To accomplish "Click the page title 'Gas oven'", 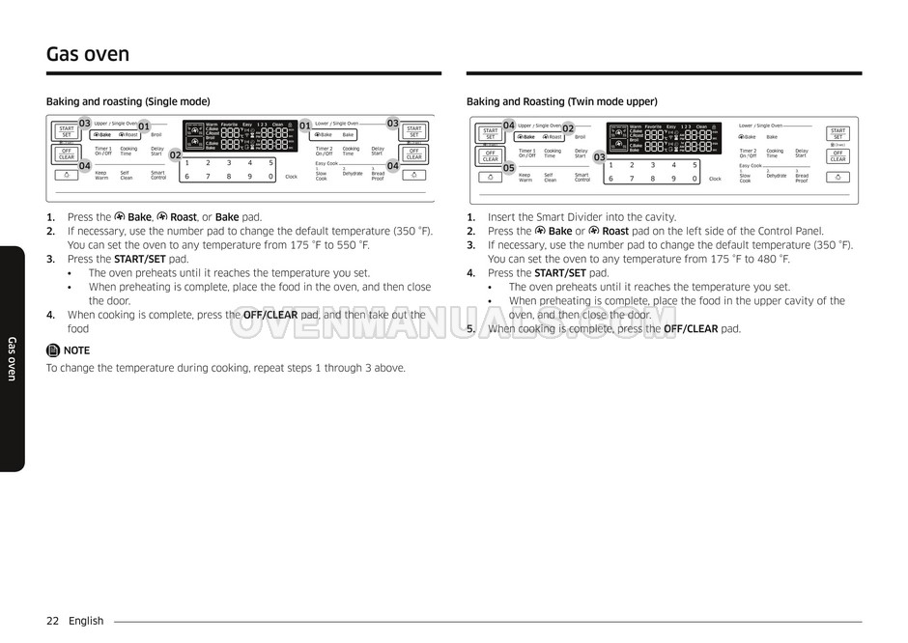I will (88, 54).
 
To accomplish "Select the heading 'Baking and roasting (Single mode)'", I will (128, 101).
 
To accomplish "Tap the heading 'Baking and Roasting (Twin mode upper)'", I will (561, 101).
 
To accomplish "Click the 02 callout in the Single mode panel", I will (176, 154).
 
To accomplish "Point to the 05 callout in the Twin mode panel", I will (509, 168).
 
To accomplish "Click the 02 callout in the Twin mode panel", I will (568, 128).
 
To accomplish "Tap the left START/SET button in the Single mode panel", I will (66, 131).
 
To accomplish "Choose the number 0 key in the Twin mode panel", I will (695, 179).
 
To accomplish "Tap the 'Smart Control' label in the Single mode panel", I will (158, 176).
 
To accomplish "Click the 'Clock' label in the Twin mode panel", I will (715, 179).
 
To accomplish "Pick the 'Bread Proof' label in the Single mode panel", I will (378, 176).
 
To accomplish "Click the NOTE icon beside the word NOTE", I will (53, 350).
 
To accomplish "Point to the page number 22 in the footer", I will (52, 621).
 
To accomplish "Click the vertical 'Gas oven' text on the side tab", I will (12, 358).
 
